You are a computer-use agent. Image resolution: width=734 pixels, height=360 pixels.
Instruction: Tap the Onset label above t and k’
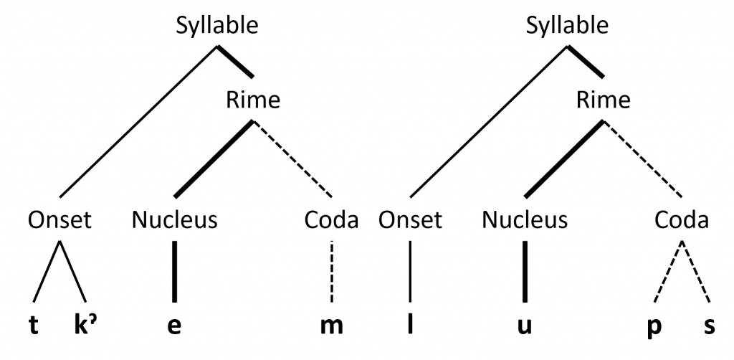[60, 219]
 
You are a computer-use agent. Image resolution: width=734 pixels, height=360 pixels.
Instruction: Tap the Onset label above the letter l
[411, 219]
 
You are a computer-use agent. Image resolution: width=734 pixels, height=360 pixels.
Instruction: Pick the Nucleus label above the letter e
[174, 219]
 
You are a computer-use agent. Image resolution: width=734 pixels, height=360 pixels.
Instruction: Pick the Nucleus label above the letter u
[525, 219]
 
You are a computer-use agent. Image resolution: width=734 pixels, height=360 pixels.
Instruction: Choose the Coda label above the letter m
[331, 219]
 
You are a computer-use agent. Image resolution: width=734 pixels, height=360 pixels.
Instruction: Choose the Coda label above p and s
[682, 219]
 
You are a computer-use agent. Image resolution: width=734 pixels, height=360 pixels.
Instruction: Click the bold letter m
[332, 326]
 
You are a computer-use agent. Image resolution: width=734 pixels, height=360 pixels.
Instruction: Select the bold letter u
[525, 326]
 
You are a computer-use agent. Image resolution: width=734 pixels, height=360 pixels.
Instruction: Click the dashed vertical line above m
[332, 272]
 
